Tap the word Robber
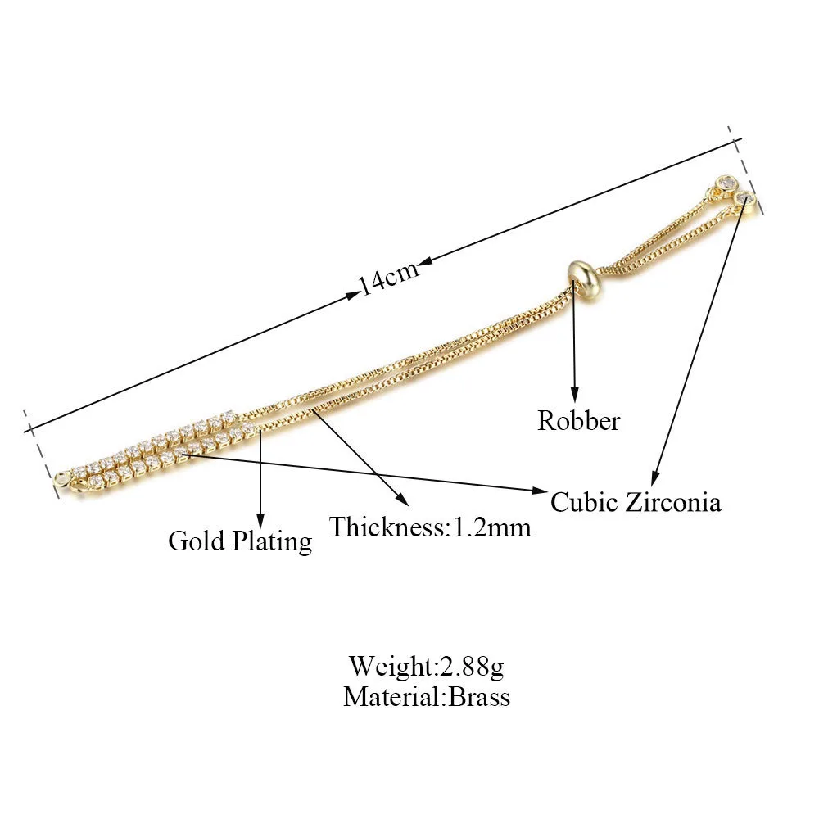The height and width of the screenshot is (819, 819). pyautogui.click(x=578, y=421)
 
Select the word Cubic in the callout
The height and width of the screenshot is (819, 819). pyautogui.click(x=584, y=501)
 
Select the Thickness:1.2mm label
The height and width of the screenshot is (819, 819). pyautogui.click(x=430, y=527)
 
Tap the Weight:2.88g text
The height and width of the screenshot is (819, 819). pyautogui.click(x=427, y=664)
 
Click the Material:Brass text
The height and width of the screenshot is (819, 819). pyautogui.click(x=427, y=697)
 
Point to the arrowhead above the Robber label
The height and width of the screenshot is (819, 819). pyautogui.click(x=576, y=396)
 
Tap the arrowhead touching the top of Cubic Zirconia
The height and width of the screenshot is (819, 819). pyautogui.click(x=654, y=479)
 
